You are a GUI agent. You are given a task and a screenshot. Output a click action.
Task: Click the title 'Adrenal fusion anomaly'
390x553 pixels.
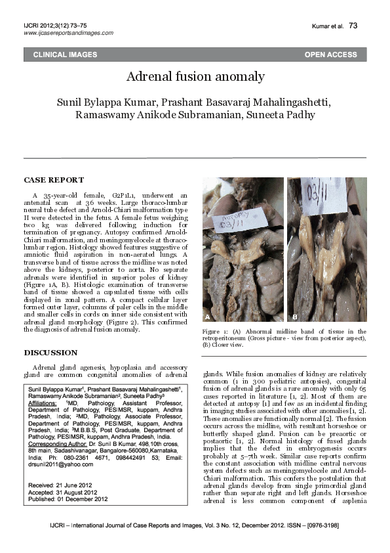click(x=195, y=77)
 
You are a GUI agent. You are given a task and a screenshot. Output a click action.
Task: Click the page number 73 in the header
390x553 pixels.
click(x=353, y=26)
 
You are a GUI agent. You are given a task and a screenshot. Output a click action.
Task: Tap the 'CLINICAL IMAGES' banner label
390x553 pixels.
click(x=65, y=55)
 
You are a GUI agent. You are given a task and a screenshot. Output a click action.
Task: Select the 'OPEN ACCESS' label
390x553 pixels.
click(x=330, y=55)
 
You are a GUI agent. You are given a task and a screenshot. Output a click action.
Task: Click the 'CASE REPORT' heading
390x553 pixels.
click(x=54, y=180)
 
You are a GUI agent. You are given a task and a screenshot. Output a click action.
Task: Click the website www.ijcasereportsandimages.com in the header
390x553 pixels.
click(x=64, y=33)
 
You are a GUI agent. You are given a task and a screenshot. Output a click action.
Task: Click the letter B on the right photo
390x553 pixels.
click(x=295, y=317)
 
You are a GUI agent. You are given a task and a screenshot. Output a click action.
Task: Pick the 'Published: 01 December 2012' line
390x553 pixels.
click(x=69, y=498)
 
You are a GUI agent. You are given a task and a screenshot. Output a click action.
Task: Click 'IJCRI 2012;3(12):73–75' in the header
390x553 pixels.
click(x=54, y=25)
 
